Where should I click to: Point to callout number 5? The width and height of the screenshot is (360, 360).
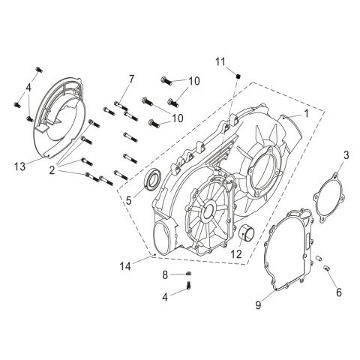point(129,200)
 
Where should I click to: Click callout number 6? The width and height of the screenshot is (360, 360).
point(338,292)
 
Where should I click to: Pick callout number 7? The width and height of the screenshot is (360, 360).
point(130,79)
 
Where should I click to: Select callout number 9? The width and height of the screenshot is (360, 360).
point(259,304)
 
